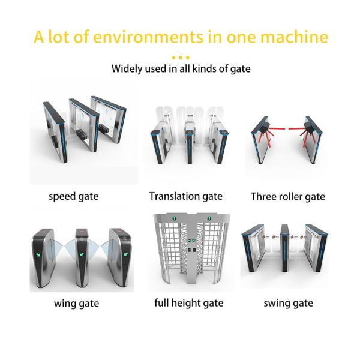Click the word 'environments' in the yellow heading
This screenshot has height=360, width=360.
(x=148, y=37)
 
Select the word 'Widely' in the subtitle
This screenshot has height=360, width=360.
(x=126, y=69)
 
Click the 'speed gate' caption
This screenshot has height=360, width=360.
(x=73, y=197)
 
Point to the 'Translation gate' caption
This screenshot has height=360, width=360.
(x=186, y=196)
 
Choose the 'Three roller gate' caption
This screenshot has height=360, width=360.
(x=288, y=197)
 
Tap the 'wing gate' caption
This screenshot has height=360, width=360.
(x=76, y=304)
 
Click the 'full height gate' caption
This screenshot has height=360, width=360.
(x=189, y=303)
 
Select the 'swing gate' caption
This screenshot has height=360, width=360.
(x=289, y=303)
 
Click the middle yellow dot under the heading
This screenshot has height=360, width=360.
(x=181, y=58)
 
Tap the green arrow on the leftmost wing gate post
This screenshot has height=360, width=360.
(x=38, y=254)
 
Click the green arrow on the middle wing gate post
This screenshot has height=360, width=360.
(x=81, y=254)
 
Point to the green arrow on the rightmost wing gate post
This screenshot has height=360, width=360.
(x=126, y=254)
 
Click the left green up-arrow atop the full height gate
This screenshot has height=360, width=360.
(x=174, y=218)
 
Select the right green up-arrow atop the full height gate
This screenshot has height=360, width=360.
(x=209, y=218)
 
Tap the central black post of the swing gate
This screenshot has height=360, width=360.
(x=284, y=248)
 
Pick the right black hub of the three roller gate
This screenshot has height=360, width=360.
(x=309, y=126)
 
